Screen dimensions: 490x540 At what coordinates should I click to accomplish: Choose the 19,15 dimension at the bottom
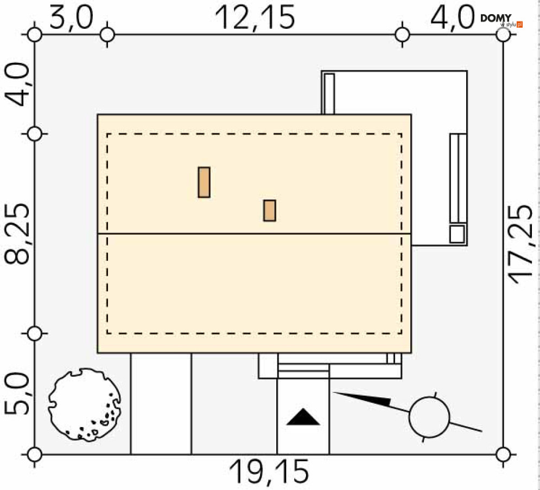click(269, 472)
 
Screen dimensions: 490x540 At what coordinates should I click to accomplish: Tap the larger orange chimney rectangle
click(204, 182)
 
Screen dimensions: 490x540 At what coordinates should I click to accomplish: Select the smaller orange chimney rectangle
click(270, 210)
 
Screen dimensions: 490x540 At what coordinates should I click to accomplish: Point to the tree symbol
click(84, 404)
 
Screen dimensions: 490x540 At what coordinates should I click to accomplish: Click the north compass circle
click(429, 417)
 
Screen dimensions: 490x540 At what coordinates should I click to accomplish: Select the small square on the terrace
click(458, 234)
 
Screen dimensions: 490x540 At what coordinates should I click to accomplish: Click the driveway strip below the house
click(161, 403)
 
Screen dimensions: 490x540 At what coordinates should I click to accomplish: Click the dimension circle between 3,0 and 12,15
click(108, 34)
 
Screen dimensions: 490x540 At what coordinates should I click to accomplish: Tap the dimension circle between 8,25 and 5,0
click(34, 333)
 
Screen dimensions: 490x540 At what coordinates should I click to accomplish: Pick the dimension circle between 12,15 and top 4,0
click(402, 34)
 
